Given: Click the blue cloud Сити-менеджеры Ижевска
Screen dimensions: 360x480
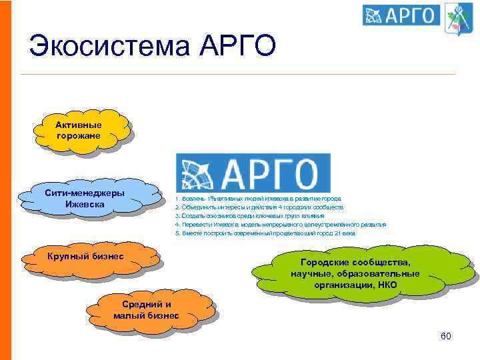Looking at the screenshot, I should click(85, 198).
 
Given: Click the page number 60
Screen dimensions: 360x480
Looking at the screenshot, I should click(445, 335).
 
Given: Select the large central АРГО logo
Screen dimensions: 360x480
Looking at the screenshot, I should click(253, 173).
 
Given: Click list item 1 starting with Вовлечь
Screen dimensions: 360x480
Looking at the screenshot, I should click(258, 199).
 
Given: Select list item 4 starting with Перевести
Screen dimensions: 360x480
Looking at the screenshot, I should click(280, 225).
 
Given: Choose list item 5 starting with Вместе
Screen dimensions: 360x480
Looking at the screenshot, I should click(265, 233).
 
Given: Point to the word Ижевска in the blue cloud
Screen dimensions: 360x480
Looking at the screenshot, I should click(85, 203).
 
